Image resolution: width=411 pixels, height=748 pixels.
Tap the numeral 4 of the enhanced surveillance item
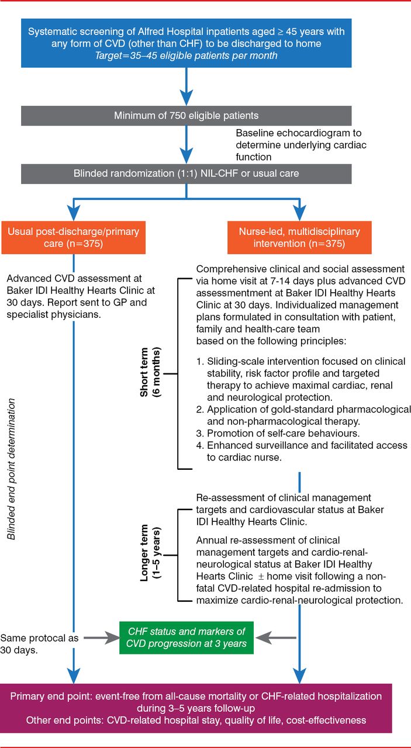199,446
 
